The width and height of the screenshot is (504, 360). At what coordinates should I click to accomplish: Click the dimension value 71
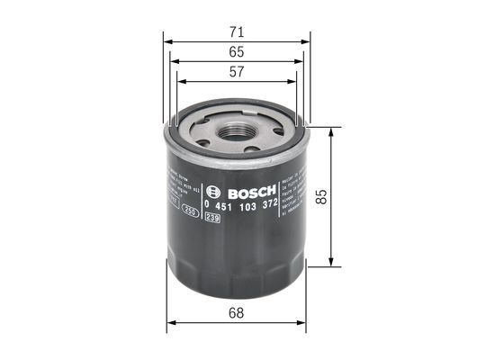[x=237, y=31]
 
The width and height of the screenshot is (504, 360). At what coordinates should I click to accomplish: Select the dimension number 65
[x=237, y=52]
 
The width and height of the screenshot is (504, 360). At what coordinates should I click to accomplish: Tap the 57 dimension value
[x=237, y=74]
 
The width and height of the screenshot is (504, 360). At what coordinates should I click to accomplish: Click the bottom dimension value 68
[x=237, y=312]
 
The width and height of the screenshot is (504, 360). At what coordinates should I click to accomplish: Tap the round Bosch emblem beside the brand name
[x=212, y=192]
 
